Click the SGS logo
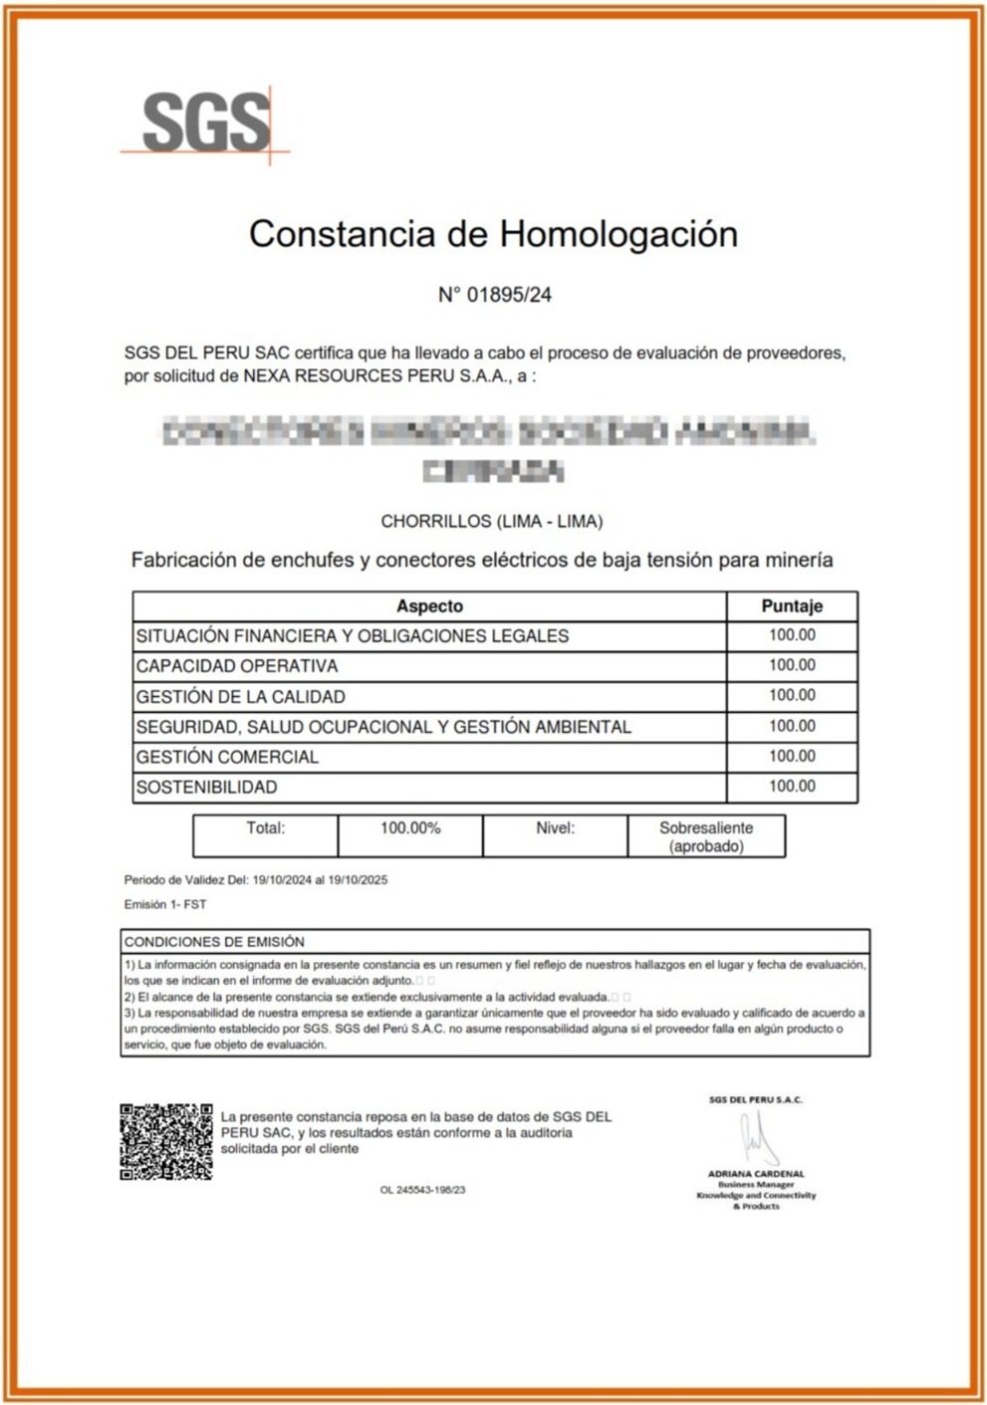(x=206, y=122)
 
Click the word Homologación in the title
(x=617, y=234)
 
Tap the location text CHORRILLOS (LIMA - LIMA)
(x=492, y=521)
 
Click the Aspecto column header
(x=429, y=605)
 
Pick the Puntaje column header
(x=792, y=605)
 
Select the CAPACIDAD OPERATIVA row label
(x=237, y=666)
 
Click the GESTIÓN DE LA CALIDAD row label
(x=241, y=697)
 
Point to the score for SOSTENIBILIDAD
(x=792, y=787)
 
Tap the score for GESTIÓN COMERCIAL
(x=792, y=757)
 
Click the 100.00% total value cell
(x=410, y=828)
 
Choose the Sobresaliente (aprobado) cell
(x=706, y=836)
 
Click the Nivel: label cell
(x=555, y=828)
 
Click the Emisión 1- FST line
(x=165, y=905)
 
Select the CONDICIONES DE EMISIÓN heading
(x=214, y=942)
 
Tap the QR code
(x=166, y=1141)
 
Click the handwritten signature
(x=758, y=1138)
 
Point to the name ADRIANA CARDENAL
(x=756, y=1174)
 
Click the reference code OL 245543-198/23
(x=422, y=1190)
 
